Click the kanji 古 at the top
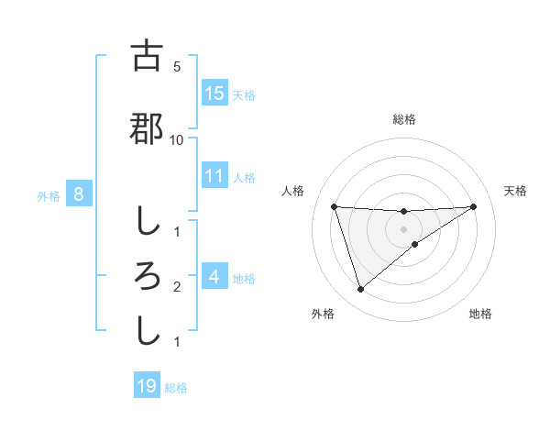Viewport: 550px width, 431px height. pos(147,57)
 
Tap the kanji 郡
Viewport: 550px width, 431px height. pos(147,129)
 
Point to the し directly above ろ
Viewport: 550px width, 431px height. pos(147,221)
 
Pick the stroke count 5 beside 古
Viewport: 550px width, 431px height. pos(176,66)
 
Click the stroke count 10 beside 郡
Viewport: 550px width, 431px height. pos(176,139)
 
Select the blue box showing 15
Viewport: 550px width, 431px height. pos(214,94)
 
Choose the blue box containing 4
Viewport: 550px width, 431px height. pos(214,277)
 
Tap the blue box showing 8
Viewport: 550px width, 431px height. pos(79,194)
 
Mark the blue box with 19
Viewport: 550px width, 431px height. pos(147,386)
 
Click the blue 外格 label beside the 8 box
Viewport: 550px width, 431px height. pos(48,195)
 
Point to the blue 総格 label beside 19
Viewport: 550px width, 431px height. pos(176,387)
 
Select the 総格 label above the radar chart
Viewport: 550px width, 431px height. pos(403,119)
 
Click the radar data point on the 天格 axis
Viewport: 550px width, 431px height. pos(473,206)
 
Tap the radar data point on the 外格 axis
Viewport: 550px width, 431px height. pos(360,290)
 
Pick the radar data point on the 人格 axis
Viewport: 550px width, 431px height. pos(334,206)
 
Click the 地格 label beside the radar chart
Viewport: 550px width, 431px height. pos(480,314)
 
